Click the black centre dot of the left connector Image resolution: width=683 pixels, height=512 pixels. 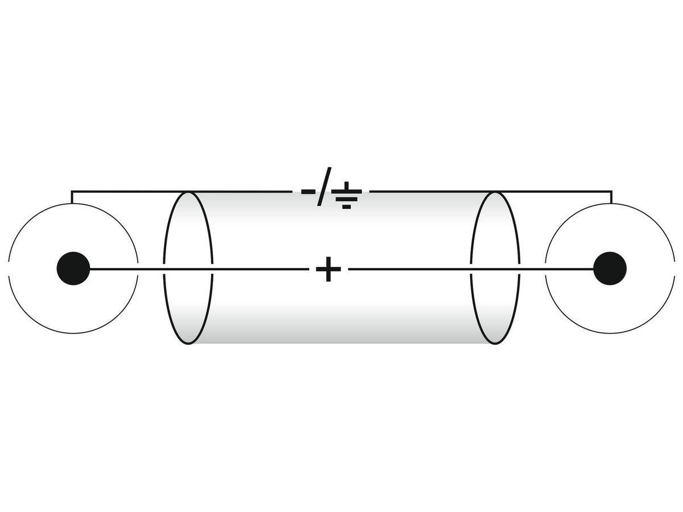[73, 269]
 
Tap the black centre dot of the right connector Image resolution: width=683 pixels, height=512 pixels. [610, 269]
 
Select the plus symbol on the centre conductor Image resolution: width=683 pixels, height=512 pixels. [328, 269]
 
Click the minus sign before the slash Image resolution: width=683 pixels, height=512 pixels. [308, 192]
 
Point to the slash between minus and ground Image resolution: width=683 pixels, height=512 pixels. [324, 186]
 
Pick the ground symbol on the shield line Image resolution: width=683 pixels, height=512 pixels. [346, 195]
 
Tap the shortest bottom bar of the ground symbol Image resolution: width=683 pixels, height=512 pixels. [346, 207]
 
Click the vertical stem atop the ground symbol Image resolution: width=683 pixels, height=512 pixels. [346, 185]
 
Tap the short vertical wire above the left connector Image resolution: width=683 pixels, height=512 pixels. [72, 197]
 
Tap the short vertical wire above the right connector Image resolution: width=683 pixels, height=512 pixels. [611, 197]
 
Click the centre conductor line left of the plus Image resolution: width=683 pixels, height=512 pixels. [199, 269]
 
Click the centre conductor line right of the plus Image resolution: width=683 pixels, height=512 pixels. [471, 269]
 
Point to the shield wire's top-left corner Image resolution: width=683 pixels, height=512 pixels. [72, 192]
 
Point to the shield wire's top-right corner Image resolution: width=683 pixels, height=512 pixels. [611, 192]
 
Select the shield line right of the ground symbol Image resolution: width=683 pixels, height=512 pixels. [491, 192]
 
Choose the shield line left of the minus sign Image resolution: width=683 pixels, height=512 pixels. [182, 192]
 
